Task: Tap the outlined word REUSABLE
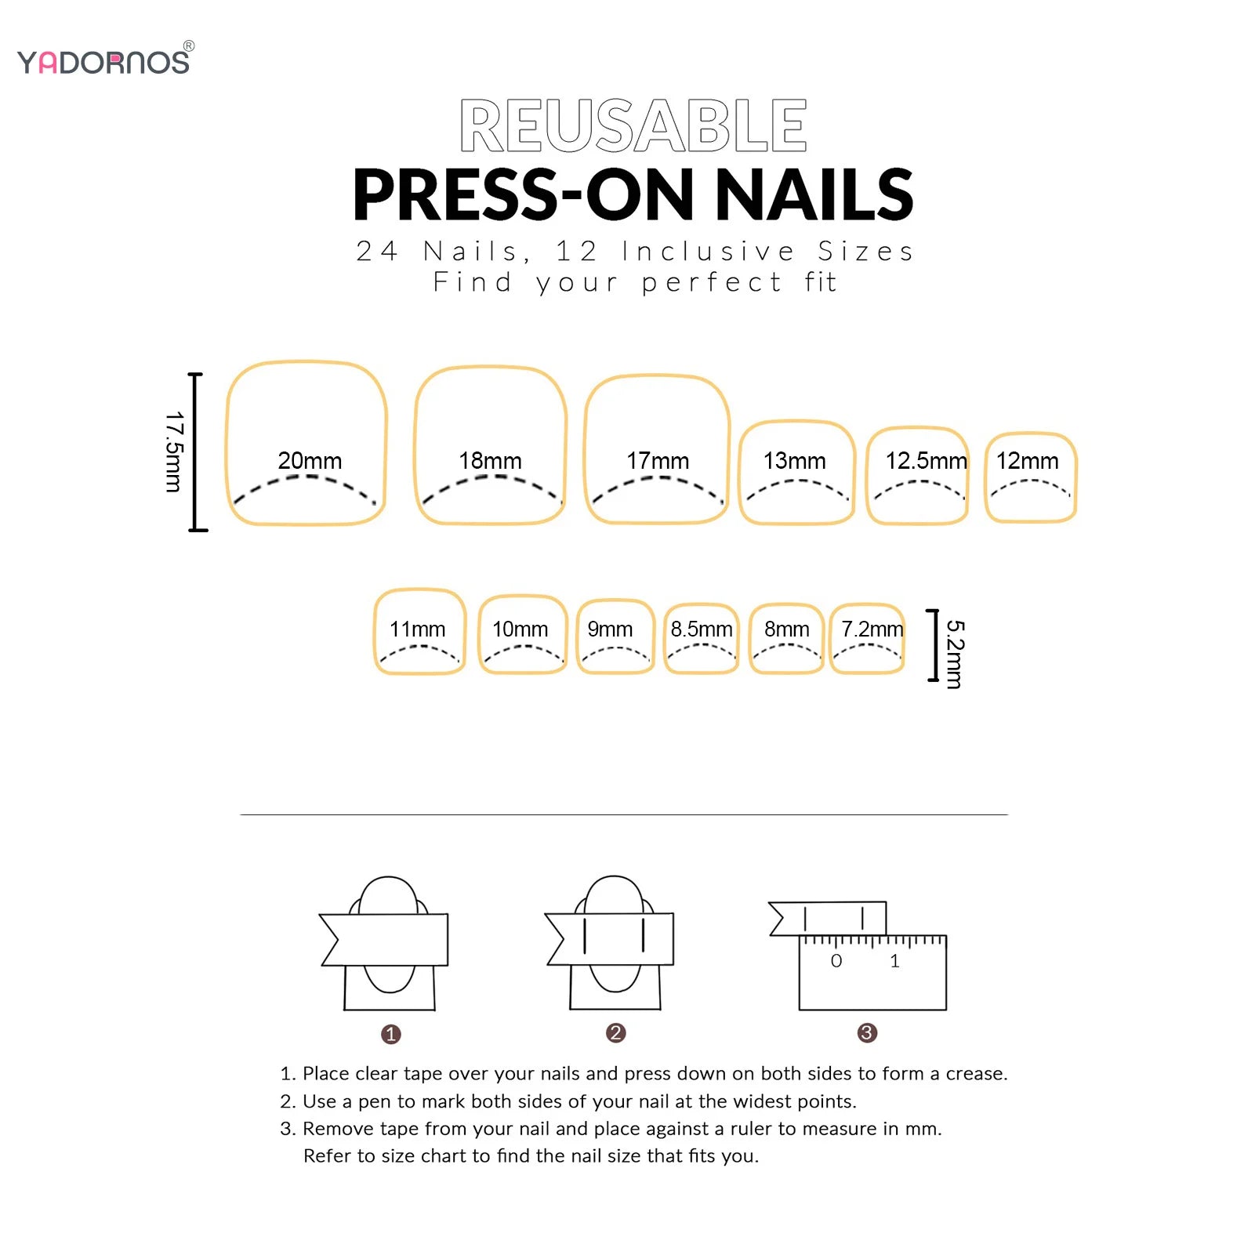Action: (633, 125)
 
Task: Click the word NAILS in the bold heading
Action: (814, 194)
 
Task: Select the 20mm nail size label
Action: (310, 461)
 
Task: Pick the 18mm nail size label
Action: (490, 461)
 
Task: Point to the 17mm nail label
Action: (658, 461)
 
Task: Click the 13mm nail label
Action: (795, 461)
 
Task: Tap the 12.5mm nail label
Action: (927, 461)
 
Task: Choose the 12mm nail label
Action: (1028, 461)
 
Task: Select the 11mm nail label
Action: (417, 629)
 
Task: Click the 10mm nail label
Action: (520, 629)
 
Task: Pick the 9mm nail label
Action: (610, 629)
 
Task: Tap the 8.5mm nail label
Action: (702, 629)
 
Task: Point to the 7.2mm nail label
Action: (872, 629)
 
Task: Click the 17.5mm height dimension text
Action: (174, 452)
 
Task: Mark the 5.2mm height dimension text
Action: (955, 655)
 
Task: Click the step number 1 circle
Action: (390, 1035)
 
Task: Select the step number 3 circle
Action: (867, 1033)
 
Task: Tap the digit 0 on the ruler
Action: (836, 961)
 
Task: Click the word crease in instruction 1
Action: (976, 1073)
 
